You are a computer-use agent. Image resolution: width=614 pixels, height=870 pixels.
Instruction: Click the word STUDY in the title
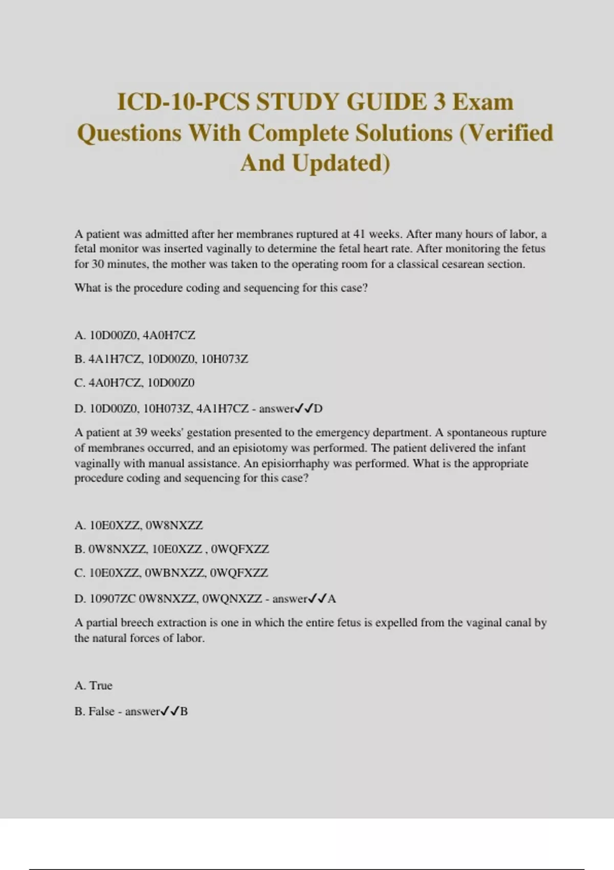click(x=297, y=101)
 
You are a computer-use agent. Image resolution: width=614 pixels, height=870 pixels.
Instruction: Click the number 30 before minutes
click(x=98, y=264)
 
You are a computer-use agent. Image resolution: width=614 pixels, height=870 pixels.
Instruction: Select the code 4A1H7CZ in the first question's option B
click(x=116, y=359)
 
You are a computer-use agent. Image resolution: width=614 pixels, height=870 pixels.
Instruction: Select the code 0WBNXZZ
click(x=176, y=573)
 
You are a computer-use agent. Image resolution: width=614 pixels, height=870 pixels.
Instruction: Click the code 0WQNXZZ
click(x=233, y=598)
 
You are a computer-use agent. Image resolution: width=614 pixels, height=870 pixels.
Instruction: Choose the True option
click(x=101, y=686)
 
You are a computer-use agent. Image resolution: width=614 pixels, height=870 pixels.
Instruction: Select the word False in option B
click(x=101, y=711)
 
